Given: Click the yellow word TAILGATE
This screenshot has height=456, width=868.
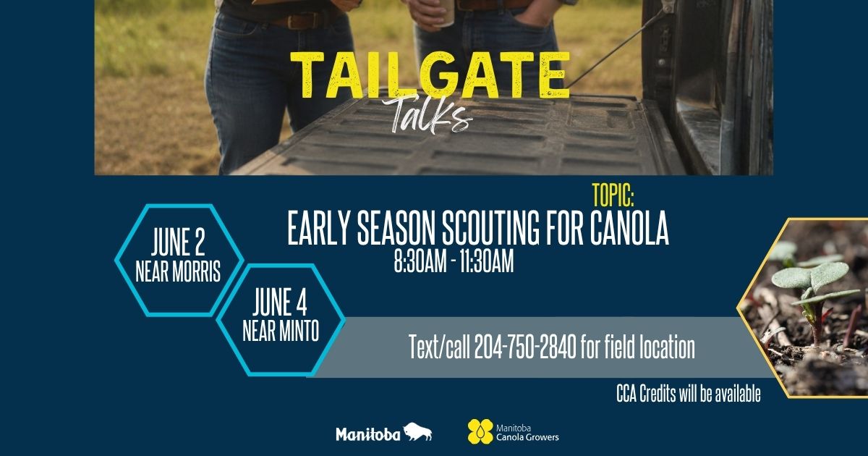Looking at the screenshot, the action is (430, 75).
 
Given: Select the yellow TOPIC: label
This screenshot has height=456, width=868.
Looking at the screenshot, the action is (613, 195).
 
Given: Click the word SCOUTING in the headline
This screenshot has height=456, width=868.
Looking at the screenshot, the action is (490, 228).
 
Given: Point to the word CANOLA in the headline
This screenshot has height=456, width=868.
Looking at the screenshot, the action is (630, 228).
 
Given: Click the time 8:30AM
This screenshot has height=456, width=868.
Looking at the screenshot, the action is (420, 261).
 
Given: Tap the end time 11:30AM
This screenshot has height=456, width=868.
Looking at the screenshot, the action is (487, 261).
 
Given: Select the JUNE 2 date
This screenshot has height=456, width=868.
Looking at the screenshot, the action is (178, 242).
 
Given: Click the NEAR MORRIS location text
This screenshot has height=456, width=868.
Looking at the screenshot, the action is (178, 271).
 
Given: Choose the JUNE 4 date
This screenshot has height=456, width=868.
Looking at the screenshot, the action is (280, 302).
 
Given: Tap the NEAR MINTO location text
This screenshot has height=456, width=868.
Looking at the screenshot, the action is (281, 331).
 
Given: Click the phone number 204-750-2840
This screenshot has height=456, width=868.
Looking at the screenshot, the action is (525, 347).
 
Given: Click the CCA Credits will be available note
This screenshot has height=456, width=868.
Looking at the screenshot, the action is (688, 394).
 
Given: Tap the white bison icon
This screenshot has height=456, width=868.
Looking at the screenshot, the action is (418, 431).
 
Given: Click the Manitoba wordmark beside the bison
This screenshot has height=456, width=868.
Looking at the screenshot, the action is (367, 434).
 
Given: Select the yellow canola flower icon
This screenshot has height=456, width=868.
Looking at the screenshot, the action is (480, 431).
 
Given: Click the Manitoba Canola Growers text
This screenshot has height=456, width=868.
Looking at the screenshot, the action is (527, 433).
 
